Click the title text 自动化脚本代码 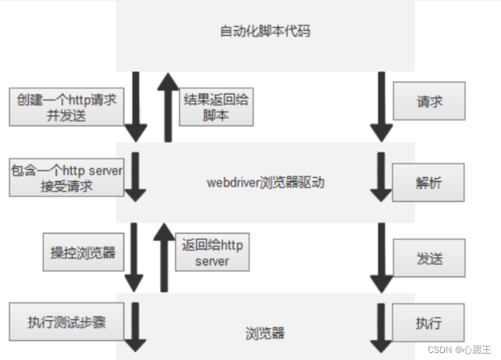coord(265,31)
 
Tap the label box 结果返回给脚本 coord(216,107)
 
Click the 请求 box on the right coord(429,101)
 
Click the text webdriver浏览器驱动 coord(265,183)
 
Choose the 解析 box coord(428,183)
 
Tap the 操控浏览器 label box coord(83,252)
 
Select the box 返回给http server coord(212,252)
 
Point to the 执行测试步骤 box coord(66,322)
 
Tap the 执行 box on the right coord(428,322)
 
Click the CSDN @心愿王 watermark coord(459,349)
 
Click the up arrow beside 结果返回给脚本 coord(168,106)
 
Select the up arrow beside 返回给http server coord(164,257)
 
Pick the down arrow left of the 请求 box coord(381,106)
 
